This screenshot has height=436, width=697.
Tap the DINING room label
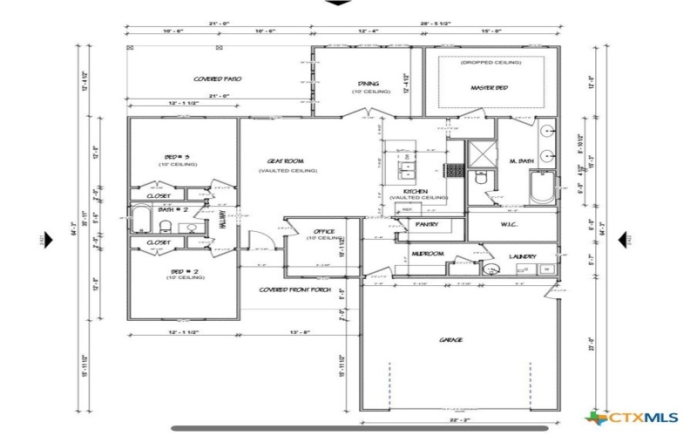tap(368, 84)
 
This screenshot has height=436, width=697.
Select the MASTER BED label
tap(489, 88)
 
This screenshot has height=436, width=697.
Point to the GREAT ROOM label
tap(285, 161)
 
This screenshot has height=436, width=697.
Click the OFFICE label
tap(324, 231)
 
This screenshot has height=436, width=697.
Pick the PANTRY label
tap(427, 225)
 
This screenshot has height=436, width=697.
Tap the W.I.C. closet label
tap(511, 225)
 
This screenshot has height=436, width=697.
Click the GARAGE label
tap(450, 339)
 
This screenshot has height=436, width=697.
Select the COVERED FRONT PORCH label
tap(294, 290)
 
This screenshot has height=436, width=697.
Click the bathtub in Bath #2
tap(141, 219)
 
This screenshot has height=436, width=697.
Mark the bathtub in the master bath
tap(542, 187)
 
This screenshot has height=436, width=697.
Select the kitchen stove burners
tap(453, 170)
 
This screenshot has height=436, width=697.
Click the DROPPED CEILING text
tap(491, 63)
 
